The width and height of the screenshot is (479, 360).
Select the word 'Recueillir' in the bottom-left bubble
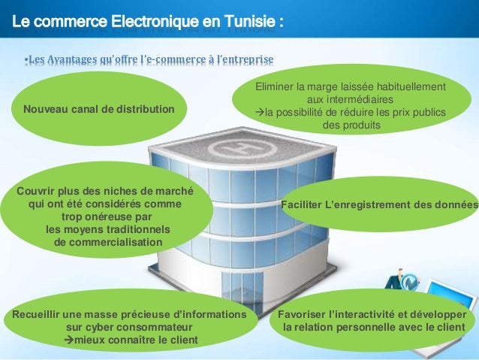(x=32, y=315)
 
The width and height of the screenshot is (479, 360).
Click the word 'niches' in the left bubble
(x=131, y=190)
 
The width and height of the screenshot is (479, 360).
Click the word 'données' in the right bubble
(x=457, y=204)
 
